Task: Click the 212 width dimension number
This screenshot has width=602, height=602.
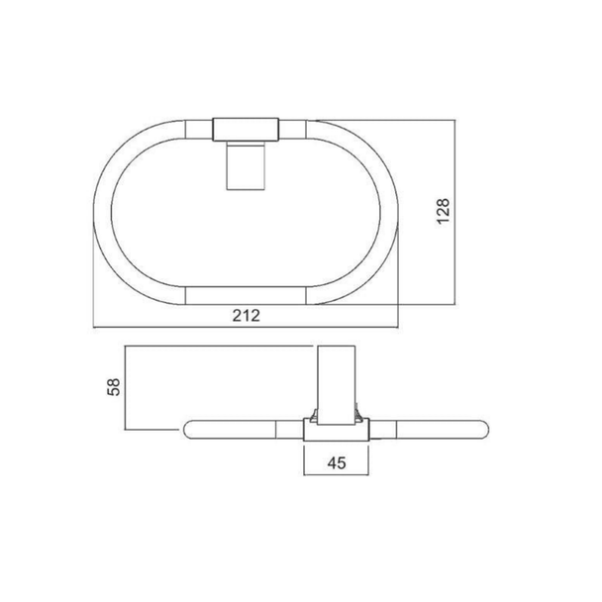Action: (x=247, y=316)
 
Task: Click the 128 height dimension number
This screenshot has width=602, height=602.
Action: (x=443, y=211)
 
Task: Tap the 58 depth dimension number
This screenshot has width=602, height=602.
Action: (x=114, y=386)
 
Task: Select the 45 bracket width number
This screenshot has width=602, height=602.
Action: (x=337, y=463)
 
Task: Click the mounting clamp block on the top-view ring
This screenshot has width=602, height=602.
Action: (x=246, y=130)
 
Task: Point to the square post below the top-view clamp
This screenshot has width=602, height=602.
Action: (x=246, y=165)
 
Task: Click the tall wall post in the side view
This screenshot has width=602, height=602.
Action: (x=336, y=385)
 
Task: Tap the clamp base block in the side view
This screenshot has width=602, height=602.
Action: (x=337, y=430)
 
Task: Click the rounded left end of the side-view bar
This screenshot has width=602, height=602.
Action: (x=189, y=430)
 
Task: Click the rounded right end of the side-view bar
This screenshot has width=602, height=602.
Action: (x=483, y=430)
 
